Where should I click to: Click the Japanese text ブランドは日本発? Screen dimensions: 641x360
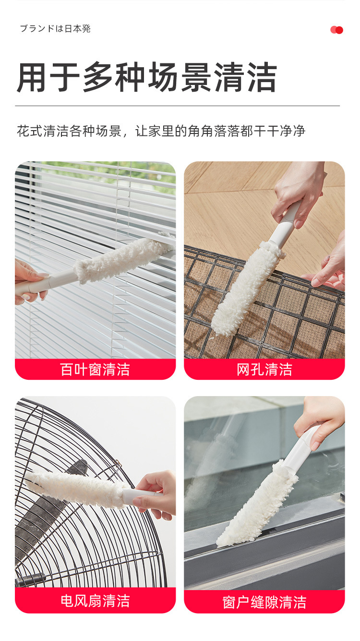(55, 29)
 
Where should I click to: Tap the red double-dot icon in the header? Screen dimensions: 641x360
(336, 30)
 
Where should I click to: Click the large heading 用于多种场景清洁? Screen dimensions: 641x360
(147, 77)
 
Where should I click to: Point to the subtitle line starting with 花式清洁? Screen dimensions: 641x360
(161, 131)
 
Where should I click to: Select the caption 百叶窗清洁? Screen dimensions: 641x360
(95, 369)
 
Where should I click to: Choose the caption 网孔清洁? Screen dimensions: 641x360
(264, 369)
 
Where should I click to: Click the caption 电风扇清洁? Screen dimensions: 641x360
(95, 601)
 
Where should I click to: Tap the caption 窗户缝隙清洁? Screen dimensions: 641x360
(264, 602)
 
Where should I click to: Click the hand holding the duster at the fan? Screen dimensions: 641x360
(156, 495)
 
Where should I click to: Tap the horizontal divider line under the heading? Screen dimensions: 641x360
(177, 106)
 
